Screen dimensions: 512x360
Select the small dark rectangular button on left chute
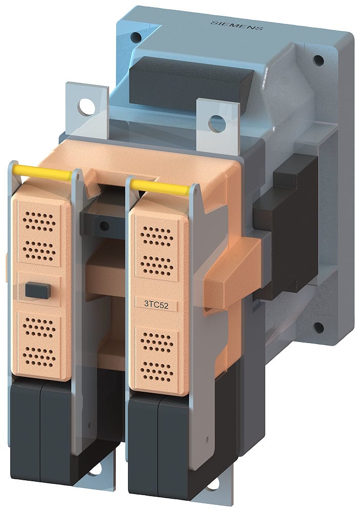click(x=37, y=291)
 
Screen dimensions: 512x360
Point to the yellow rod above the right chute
click(x=160, y=187)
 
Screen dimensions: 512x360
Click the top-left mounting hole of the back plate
click(x=135, y=37)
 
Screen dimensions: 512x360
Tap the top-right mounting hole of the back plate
click(x=318, y=60)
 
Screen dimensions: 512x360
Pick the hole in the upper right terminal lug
click(x=218, y=123)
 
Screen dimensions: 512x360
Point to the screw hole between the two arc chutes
click(x=104, y=226)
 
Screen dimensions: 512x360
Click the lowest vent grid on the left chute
click(x=39, y=354)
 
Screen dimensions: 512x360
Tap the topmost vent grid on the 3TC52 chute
click(x=156, y=237)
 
